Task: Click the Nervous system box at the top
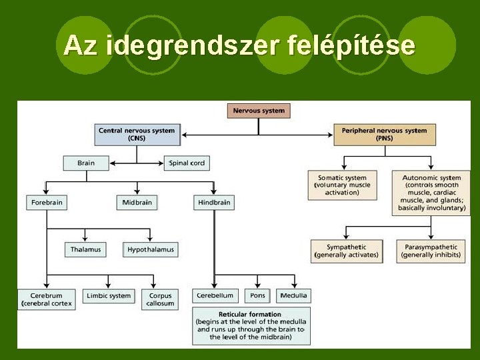[259, 111]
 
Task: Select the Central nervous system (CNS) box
[137, 134]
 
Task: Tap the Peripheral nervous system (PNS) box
[384, 134]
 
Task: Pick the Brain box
[85, 163]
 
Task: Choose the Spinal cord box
[187, 163]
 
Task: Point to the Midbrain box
[137, 202]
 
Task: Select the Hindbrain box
[214, 202]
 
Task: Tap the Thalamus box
[86, 249]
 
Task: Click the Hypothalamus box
[151, 249]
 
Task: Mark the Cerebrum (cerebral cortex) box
[46, 299]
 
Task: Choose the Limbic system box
[109, 295]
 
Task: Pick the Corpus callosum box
[160, 299]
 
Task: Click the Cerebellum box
[215, 295]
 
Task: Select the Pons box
[258, 295]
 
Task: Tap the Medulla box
[293, 295]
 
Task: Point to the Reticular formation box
[251, 325]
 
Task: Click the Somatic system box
[342, 185]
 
